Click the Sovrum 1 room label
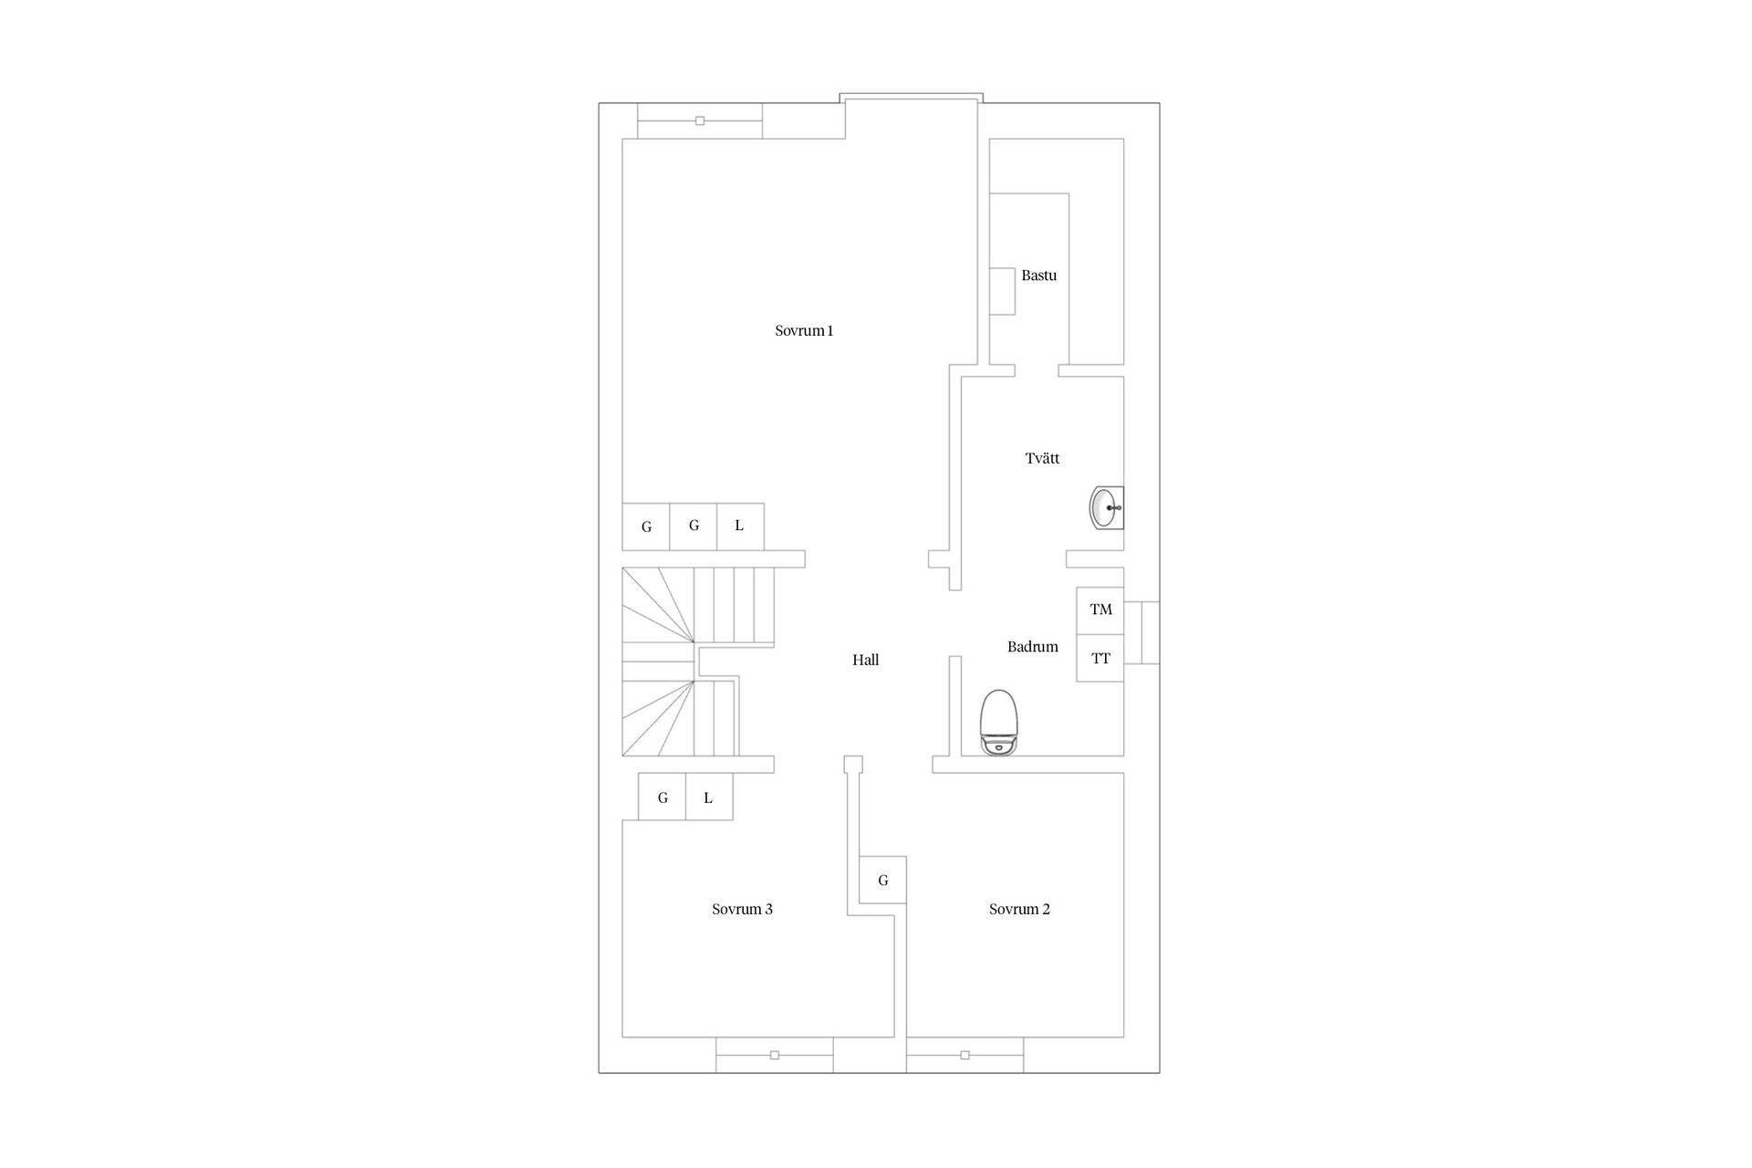coord(804,331)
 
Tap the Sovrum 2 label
coord(1019,909)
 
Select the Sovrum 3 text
coord(742,909)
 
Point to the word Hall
coord(865,660)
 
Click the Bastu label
coord(1038,276)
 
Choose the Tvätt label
coord(1042,458)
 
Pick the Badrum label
coord(1032,647)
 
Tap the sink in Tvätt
coord(1107,508)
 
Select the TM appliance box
coord(1100,610)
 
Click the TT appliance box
coord(1100,658)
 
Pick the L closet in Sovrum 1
coord(740,527)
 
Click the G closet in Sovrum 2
coord(883,880)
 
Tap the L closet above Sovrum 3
coord(709,797)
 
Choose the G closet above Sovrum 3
coord(662,797)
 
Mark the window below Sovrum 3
coord(774,1055)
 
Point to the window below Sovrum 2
coord(965,1055)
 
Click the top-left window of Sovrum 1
coord(700,120)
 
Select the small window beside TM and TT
coord(1142,632)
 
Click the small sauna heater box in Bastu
coord(1003,291)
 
